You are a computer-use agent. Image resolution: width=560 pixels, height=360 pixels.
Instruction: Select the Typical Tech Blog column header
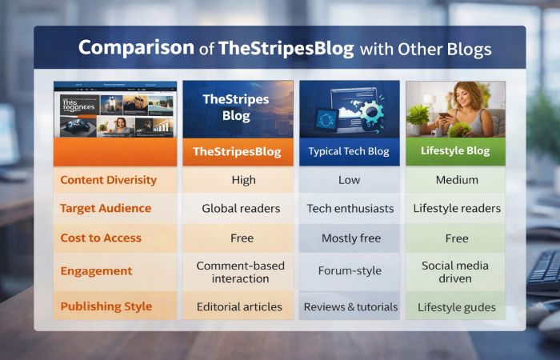point(349,151)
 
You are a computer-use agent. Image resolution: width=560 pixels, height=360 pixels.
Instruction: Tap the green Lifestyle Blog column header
point(454,150)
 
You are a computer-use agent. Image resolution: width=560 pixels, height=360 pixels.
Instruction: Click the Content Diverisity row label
point(108,180)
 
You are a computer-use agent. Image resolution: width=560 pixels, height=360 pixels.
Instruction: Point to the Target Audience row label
point(106,208)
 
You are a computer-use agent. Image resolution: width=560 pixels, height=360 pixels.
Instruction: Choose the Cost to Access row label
point(101,238)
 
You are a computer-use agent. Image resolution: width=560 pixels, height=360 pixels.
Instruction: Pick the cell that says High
point(243,180)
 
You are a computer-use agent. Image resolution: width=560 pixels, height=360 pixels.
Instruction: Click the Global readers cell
point(241,208)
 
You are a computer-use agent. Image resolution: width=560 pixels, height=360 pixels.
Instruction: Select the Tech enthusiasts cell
point(350,208)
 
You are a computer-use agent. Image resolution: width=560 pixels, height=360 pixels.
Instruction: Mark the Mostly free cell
point(350,238)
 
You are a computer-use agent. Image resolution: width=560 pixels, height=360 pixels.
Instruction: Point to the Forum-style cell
point(350,271)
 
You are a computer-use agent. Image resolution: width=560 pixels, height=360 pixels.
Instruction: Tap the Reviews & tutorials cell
point(350,306)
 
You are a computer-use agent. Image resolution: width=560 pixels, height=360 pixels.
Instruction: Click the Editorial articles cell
point(241,306)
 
